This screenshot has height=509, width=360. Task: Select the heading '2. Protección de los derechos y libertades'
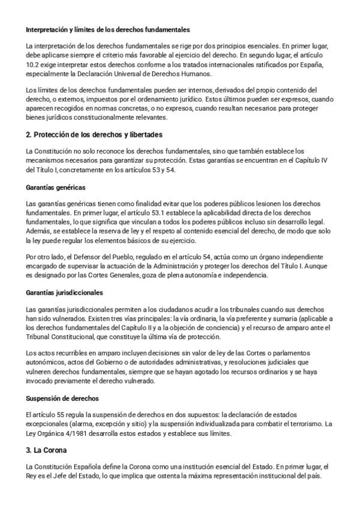coord(94,134)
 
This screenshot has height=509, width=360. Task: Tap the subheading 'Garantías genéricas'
coord(56,187)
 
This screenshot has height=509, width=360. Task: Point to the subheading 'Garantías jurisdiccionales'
coord(65,292)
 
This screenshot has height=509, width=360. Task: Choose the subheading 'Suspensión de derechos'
coord(62,397)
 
